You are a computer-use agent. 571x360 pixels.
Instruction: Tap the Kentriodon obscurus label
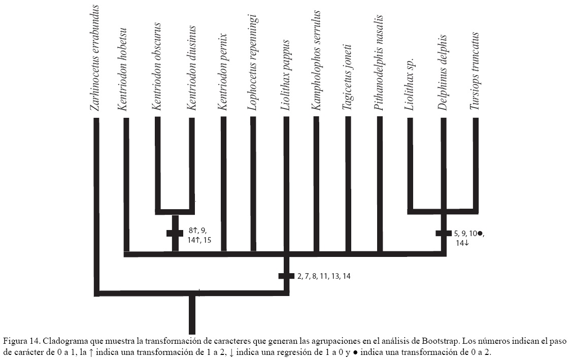click(x=157, y=66)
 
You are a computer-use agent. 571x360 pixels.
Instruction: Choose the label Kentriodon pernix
click(x=222, y=71)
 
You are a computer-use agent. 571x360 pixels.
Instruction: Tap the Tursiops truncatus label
click(x=475, y=71)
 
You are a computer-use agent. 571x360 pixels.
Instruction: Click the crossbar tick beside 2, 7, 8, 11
click(x=286, y=276)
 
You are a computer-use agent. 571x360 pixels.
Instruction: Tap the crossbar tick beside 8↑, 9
click(x=175, y=233)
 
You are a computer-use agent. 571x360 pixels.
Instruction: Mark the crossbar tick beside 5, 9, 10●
click(x=443, y=233)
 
